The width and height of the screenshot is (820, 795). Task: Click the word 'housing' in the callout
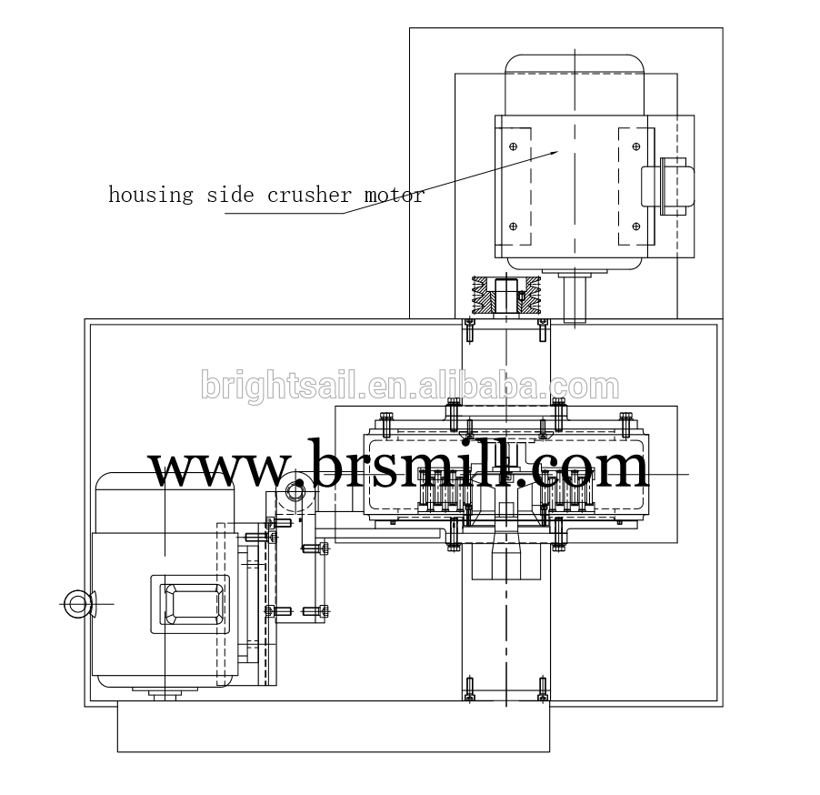pyautogui.click(x=151, y=196)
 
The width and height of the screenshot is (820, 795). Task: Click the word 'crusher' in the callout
pyautogui.click(x=309, y=196)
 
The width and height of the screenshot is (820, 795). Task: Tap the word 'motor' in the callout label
pyautogui.click(x=394, y=196)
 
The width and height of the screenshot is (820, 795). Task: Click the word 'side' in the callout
pyautogui.click(x=230, y=196)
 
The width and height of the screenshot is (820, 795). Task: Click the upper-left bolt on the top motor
pyautogui.click(x=513, y=146)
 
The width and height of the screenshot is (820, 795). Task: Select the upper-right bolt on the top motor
pyautogui.click(x=636, y=146)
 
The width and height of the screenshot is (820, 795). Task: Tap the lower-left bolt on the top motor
pyautogui.click(x=513, y=226)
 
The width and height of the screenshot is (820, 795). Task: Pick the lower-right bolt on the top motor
pyautogui.click(x=636, y=226)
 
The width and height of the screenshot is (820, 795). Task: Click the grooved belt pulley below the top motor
pyautogui.click(x=506, y=296)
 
